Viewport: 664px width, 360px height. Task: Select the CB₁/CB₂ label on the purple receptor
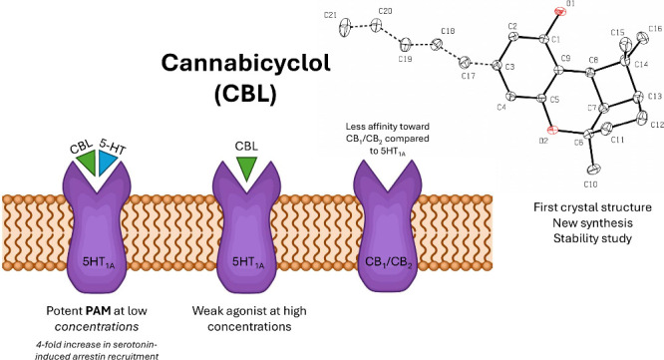pos(388,262)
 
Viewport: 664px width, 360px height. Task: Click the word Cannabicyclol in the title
pos(245,63)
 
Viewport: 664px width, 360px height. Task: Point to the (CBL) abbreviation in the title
pos(245,95)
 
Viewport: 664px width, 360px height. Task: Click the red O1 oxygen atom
pos(560,11)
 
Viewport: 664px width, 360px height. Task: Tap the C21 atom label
pos(330,15)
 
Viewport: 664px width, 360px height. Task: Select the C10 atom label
pos(590,184)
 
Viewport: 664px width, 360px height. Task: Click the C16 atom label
pos(655,29)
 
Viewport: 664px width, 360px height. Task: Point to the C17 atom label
pos(468,76)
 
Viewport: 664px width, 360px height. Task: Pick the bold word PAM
pos(98,311)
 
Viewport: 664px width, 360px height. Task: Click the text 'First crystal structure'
pos(592,207)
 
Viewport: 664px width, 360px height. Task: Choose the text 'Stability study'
pos(592,238)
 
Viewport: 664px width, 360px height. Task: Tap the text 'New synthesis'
pos(592,222)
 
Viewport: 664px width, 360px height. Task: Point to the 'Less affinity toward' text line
pos(388,127)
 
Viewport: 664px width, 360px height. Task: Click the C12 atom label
pos(657,125)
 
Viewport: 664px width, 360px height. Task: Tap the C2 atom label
pos(512,26)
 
